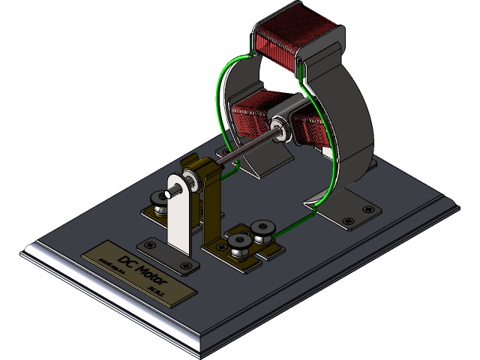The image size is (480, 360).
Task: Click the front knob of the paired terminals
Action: [x=240, y=241]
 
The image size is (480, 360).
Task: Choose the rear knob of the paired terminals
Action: [x=262, y=226]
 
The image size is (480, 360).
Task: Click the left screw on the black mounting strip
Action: [x=151, y=244]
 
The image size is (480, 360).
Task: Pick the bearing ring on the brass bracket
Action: [x=192, y=178]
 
